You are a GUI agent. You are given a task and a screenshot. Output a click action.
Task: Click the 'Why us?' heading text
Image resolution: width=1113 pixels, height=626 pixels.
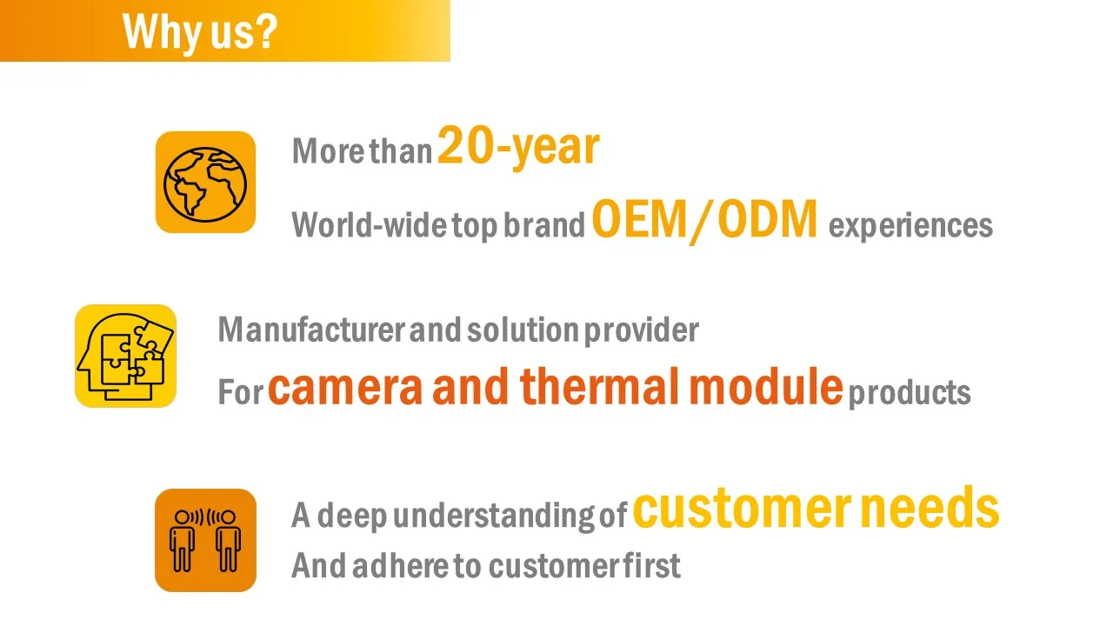coord(200,33)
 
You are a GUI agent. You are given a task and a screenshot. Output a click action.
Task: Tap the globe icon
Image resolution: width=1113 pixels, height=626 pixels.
coord(205,183)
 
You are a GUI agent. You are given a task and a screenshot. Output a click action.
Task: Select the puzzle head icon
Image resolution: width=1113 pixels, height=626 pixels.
coord(126,356)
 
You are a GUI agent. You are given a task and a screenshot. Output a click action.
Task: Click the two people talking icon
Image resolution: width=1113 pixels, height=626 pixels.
coord(205,540)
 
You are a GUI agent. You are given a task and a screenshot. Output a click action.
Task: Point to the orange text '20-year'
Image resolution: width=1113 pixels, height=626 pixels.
coord(518,147)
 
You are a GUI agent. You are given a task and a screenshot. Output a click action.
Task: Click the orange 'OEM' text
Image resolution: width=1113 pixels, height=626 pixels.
coord(639,219)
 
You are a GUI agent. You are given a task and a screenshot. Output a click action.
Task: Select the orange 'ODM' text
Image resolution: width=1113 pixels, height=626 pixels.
coord(767,219)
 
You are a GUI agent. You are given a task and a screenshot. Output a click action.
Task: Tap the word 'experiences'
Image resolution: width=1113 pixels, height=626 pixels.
coord(910,226)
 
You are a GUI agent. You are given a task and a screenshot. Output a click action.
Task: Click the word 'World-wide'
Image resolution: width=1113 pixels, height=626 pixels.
coord(370,224)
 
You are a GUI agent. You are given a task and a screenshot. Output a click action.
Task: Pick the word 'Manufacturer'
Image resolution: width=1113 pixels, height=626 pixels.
coord(312,330)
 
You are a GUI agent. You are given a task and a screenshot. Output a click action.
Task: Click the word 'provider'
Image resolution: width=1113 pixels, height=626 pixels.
coord(642,331)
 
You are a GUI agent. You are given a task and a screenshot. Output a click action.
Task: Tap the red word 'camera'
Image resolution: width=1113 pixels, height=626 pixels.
coord(345,388)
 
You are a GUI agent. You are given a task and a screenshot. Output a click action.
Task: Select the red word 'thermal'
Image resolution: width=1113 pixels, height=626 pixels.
coord(599,386)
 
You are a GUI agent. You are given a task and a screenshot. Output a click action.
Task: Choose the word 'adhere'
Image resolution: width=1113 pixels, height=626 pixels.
coord(401,565)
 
